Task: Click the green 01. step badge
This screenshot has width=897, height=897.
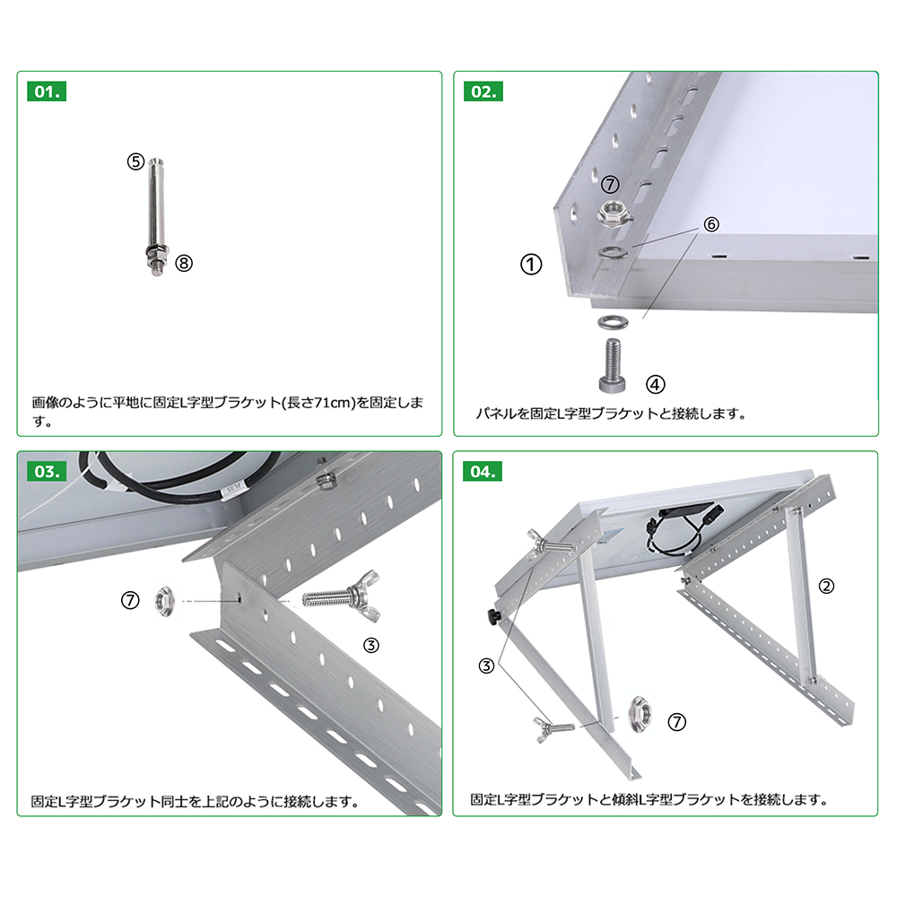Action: [x=47, y=91]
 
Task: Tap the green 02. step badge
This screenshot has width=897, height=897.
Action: [x=483, y=91]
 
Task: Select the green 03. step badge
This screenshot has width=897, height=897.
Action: [x=47, y=472]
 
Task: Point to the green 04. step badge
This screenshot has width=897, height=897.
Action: [x=483, y=472]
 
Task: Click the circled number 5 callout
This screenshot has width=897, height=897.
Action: [x=135, y=161]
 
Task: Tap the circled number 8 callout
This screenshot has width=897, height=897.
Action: [x=184, y=263]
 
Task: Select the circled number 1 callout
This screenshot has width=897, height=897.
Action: [x=531, y=265]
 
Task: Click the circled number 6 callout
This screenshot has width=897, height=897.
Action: [x=711, y=224]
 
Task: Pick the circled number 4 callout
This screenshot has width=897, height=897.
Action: [x=656, y=385]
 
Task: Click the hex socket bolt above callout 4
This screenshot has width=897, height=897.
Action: [x=612, y=366]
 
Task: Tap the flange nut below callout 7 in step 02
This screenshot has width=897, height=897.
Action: [x=614, y=213]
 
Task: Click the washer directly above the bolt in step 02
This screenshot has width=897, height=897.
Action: [x=613, y=322]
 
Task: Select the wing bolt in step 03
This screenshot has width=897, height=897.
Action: [x=342, y=597]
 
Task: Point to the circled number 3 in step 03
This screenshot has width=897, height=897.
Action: [x=371, y=645]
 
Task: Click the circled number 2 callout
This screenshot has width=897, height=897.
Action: [x=826, y=586]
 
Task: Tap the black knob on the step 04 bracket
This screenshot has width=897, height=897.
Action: [x=493, y=617]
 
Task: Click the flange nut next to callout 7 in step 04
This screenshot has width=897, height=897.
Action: [x=640, y=715]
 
